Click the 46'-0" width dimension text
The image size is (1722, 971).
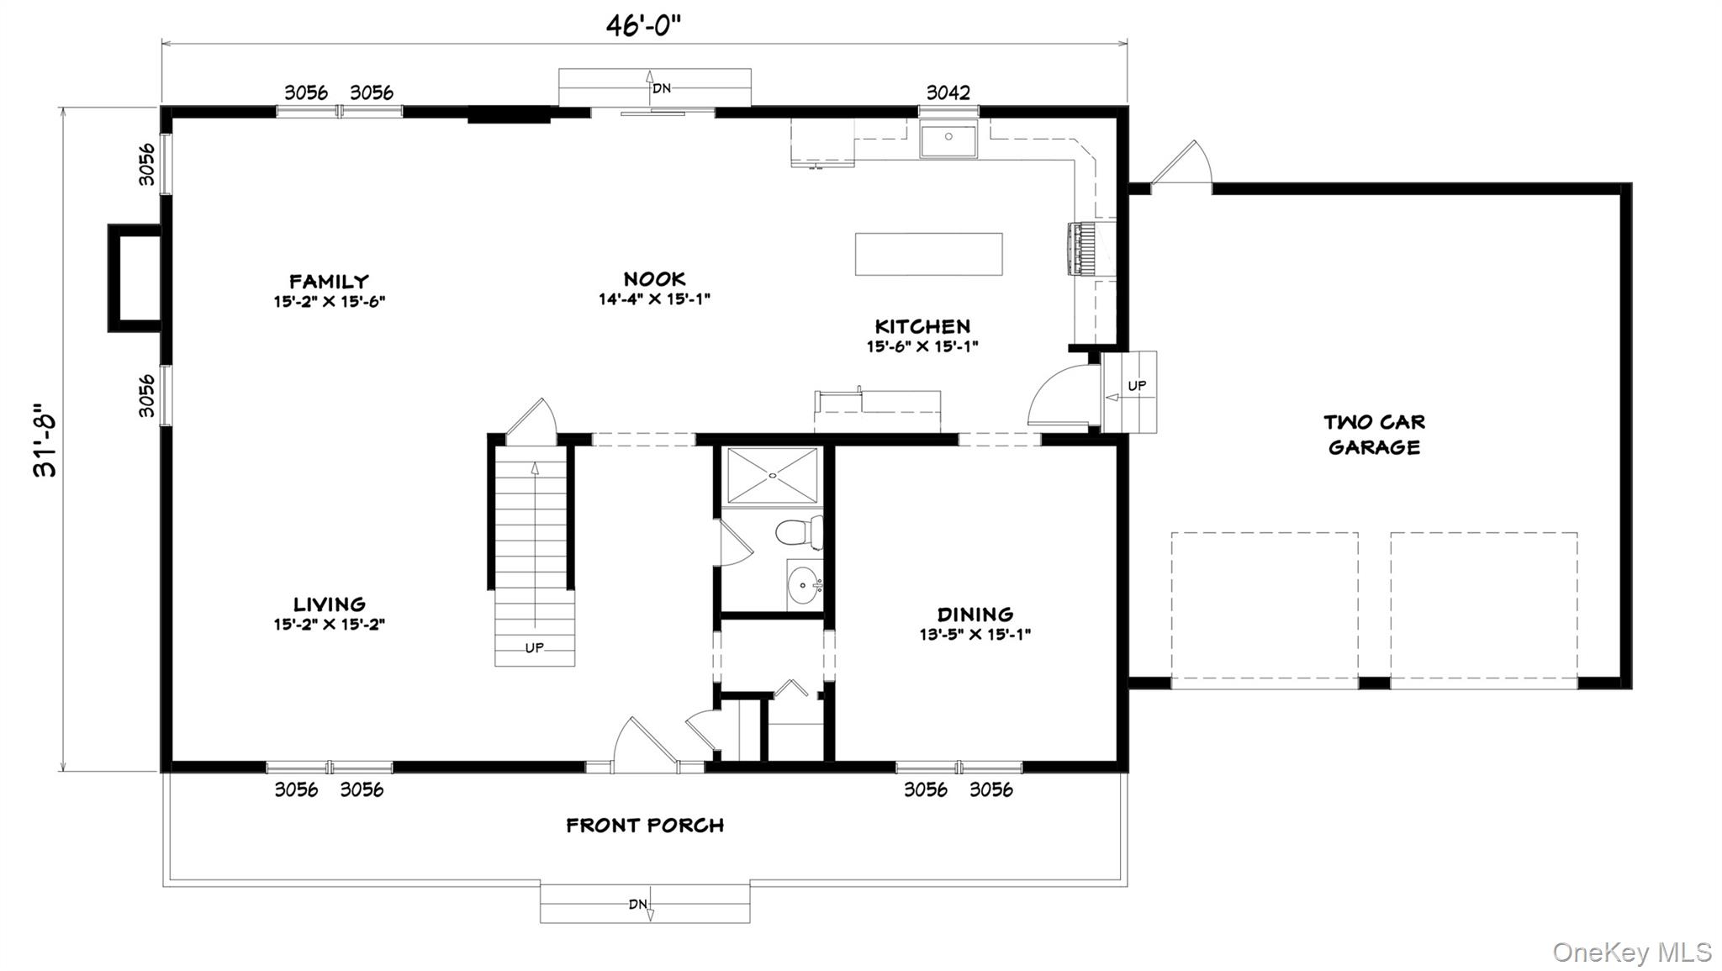pos(643,26)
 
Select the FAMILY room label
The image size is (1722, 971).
pos(329,282)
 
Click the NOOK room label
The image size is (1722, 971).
pos(654,279)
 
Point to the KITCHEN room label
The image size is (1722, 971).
pos(922,326)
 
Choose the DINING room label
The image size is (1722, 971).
pos(975,615)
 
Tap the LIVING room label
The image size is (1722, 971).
pos(329,604)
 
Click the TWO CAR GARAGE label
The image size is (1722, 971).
pos(1374,435)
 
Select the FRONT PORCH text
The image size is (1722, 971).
pos(645,826)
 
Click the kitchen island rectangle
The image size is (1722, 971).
pos(928,254)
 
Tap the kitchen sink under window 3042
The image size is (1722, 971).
pos(948,140)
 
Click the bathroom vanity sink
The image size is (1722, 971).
pos(804,583)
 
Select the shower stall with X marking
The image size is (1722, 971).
pos(772,476)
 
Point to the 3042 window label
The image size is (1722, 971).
pos(948,92)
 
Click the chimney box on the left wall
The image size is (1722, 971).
pos(135,277)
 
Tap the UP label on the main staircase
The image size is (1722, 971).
pos(534,647)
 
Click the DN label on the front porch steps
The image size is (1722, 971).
pos(637,905)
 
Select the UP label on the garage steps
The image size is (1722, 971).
pos(1136,386)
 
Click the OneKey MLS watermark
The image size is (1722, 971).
pos(1631,953)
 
